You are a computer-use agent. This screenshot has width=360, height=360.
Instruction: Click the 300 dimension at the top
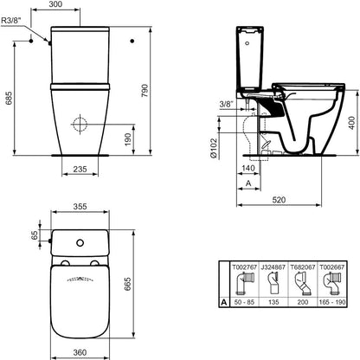tap(55, 4)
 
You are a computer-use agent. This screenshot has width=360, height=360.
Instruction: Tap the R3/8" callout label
tap(11, 21)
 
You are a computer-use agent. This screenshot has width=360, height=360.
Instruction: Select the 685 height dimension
tap(10, 98)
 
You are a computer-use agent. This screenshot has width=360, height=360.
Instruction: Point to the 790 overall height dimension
tap(145, 91)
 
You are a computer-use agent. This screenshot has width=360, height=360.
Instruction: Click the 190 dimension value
tap(128, 139)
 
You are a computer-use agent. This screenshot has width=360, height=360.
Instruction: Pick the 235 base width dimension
tap(80, 169)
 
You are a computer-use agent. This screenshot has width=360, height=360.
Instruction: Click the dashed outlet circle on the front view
tap(80, 125)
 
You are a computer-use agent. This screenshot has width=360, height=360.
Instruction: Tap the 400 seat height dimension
tap(351, 123)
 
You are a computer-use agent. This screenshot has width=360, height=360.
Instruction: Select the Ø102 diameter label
tap(214, 148)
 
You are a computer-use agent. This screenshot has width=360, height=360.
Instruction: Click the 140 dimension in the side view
tap(248, 168)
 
